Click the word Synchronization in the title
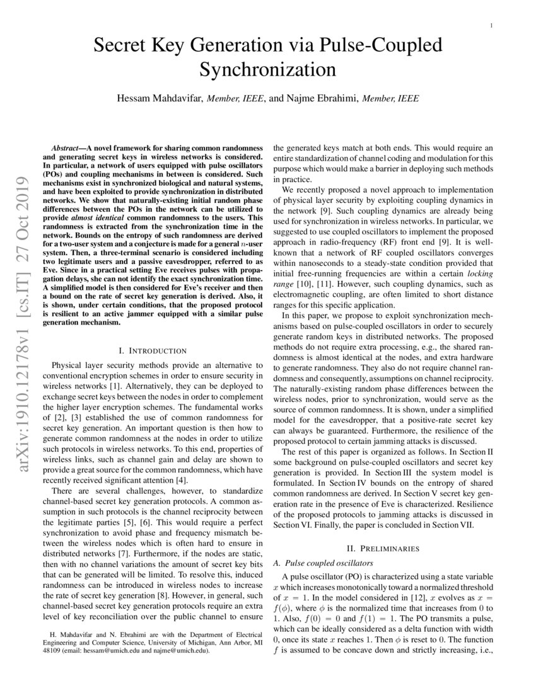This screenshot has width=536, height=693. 268,69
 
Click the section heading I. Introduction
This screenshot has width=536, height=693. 153,350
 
